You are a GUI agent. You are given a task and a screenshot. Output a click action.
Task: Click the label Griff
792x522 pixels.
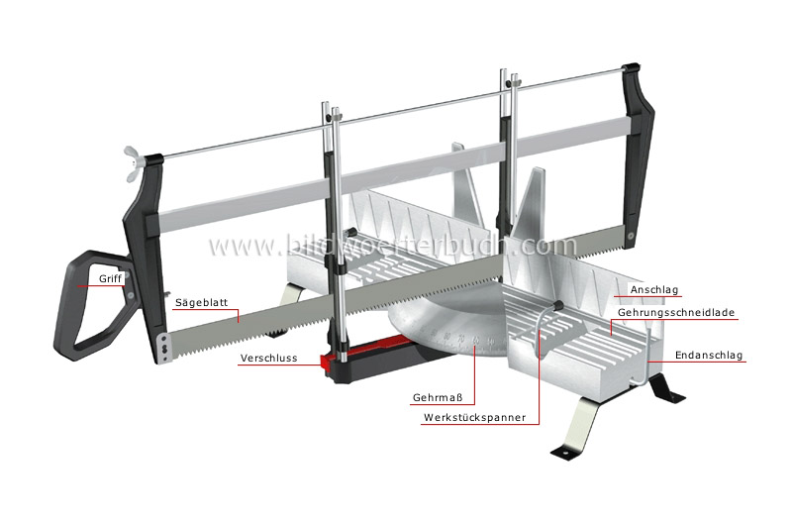pos(111,279)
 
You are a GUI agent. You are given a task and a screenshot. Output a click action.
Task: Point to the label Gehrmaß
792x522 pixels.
pos(436,397)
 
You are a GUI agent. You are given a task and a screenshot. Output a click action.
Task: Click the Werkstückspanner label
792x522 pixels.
pos(474,418)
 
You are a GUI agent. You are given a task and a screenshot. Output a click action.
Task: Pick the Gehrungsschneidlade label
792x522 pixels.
pos(676,313)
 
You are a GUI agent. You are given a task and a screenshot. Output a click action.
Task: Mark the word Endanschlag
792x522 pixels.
pos(709,355)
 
